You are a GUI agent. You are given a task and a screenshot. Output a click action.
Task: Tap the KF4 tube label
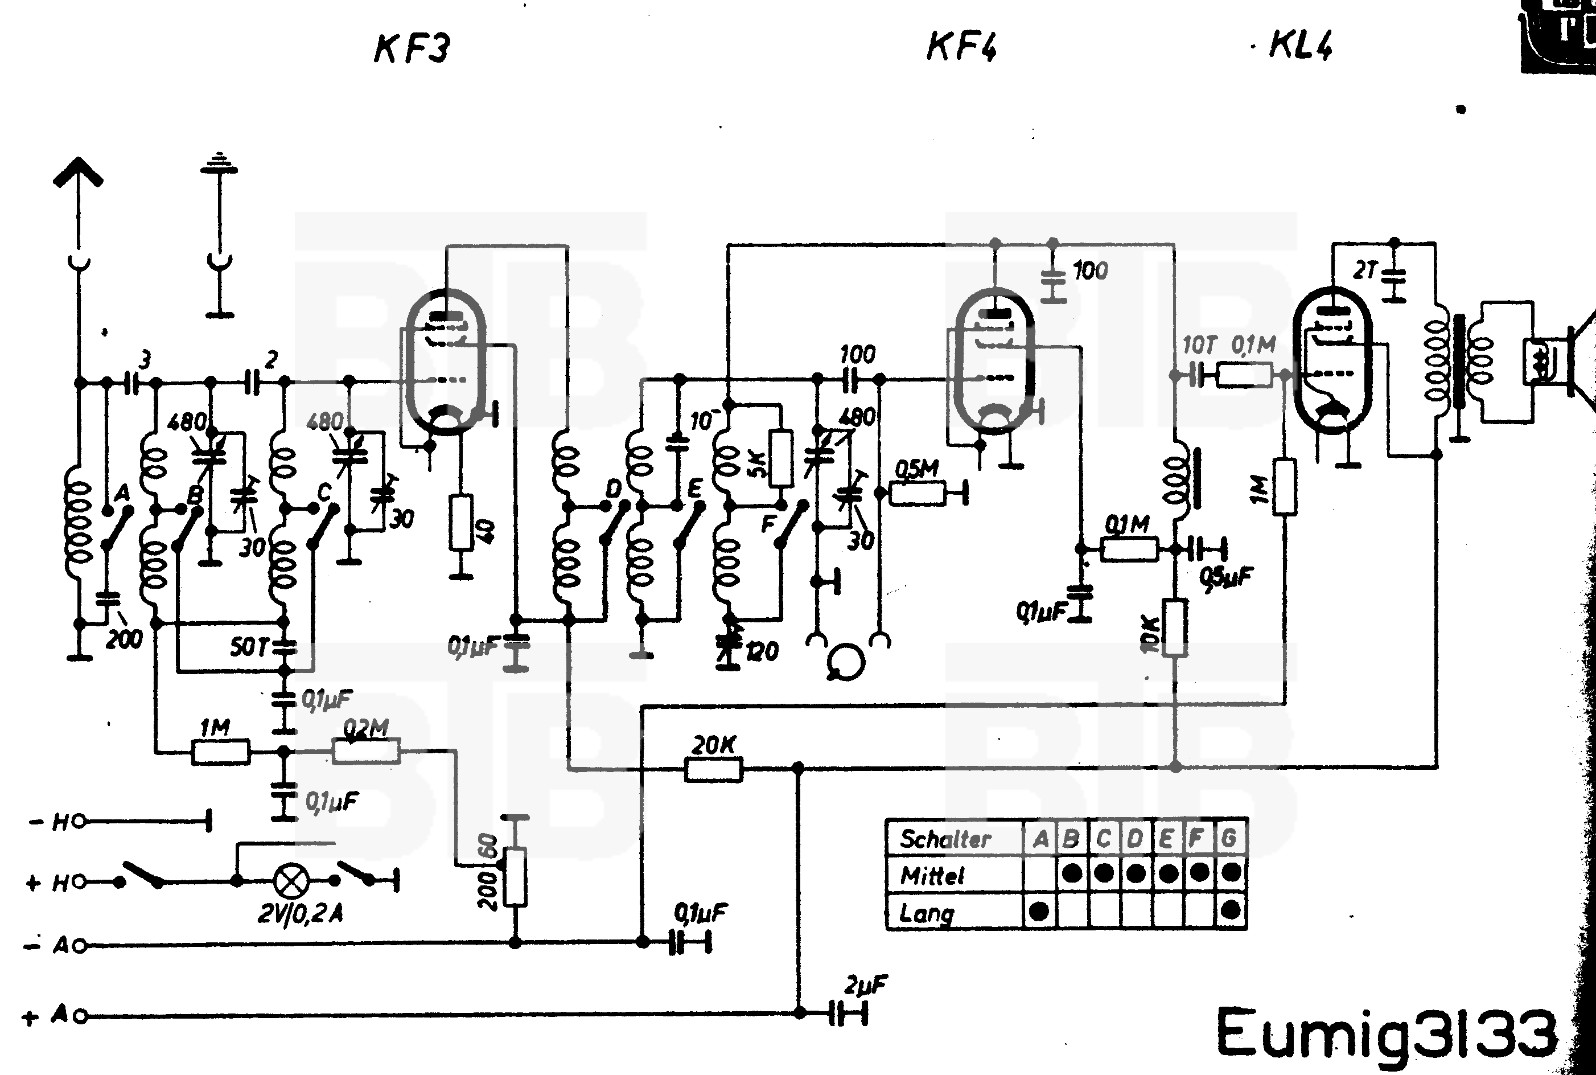961,47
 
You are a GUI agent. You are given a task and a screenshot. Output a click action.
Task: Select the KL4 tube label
1300,46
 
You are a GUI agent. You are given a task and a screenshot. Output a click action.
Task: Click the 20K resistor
713,769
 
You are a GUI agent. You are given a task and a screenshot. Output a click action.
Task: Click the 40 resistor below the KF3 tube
462,523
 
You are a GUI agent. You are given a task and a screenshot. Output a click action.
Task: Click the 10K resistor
1175,627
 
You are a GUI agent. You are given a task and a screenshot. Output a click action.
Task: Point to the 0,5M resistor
917,493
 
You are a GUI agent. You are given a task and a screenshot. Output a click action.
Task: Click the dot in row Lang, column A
1039,911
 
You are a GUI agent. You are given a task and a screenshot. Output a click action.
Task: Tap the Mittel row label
932,876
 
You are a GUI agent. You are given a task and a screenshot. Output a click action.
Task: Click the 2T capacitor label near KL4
1364,271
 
